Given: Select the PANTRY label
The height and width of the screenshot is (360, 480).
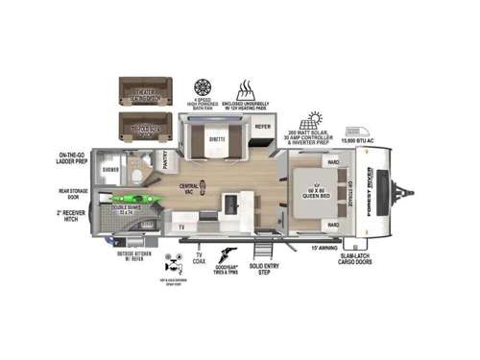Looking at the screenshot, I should [164, 164].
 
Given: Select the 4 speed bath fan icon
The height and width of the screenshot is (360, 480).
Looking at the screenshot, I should [204, 84].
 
